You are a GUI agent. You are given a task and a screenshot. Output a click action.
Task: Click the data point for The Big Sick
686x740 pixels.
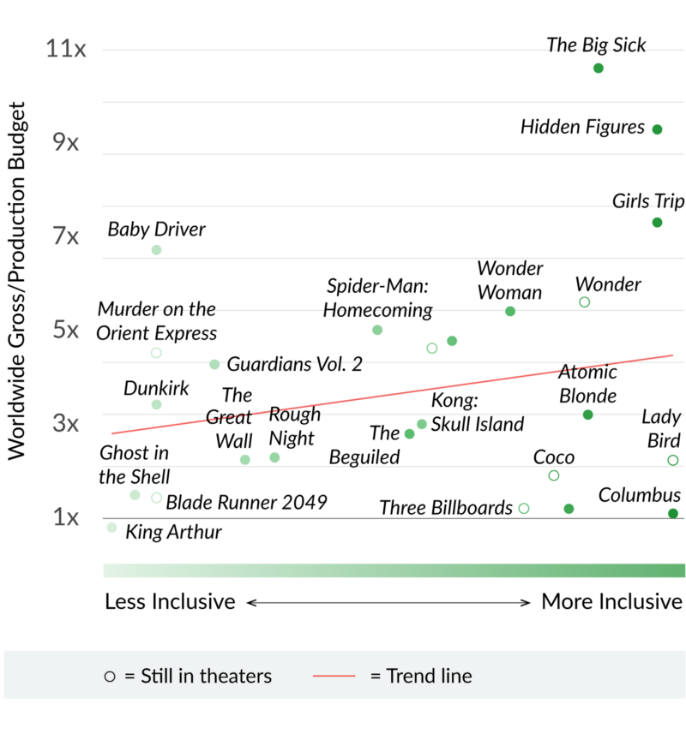(x=599, y=68)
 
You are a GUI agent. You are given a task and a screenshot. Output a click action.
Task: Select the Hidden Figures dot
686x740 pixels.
(x=657, y=129)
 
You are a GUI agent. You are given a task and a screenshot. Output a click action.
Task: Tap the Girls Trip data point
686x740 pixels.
(x=657, y=223)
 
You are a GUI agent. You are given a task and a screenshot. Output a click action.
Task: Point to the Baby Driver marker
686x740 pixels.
(x=156, y=250)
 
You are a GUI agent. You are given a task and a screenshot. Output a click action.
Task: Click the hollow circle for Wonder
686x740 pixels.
(x=584, y=302)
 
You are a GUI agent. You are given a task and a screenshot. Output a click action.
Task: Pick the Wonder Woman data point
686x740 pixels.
(x=510, y=311)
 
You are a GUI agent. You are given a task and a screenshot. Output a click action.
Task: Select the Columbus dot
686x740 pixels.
(x=673, y=514)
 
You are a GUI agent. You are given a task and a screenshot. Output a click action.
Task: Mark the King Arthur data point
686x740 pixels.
(x=111, y=528)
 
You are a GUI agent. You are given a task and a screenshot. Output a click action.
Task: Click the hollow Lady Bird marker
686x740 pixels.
(x=673, y=461)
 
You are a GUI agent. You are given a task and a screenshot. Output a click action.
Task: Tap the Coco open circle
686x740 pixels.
(x=554, y=476)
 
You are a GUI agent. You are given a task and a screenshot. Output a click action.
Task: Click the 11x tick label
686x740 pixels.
(x=66, y=49)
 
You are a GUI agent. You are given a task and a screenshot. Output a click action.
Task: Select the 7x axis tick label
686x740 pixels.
(x=66, y=236)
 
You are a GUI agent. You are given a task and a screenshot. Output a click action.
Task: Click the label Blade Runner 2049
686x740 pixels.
(x=246, y=502)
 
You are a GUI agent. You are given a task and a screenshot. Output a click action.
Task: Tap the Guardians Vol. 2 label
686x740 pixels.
(x=294, y=364)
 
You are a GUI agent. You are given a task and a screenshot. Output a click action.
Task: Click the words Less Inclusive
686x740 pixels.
(x=170, y=601)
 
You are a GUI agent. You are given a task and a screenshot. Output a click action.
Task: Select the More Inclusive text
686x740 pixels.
(x=612, y=601)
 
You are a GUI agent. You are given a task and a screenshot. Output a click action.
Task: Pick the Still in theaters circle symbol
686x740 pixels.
(x=109, y=677)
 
